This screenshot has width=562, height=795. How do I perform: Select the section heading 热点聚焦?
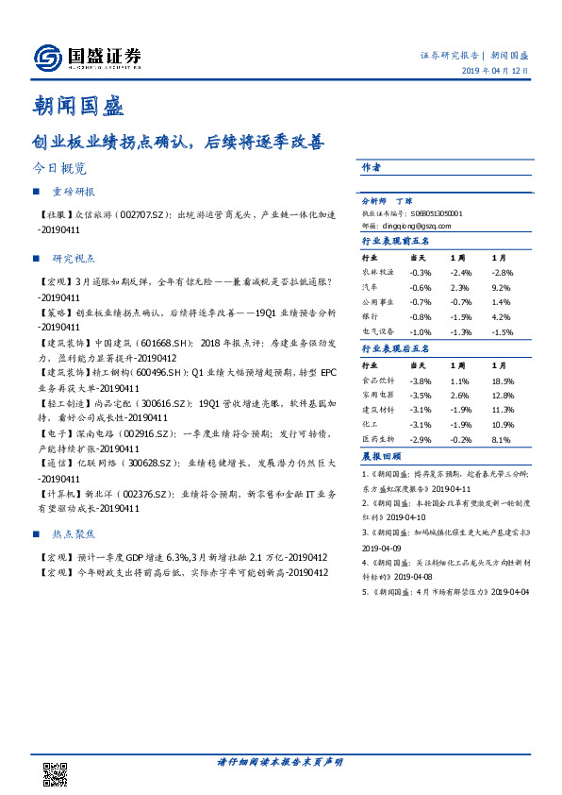(x=74, y=534)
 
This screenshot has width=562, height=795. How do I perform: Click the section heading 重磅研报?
(x=74, y=193)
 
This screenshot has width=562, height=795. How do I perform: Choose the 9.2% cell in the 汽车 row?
(x=501, y=287)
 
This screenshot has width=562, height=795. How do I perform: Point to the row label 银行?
(x=371, y=317)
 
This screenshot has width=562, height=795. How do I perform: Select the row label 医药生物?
(x=377, y=440)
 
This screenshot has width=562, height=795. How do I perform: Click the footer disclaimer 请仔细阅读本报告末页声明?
(x=280, y=761)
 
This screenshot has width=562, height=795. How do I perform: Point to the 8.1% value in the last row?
(x=501, y=440)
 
